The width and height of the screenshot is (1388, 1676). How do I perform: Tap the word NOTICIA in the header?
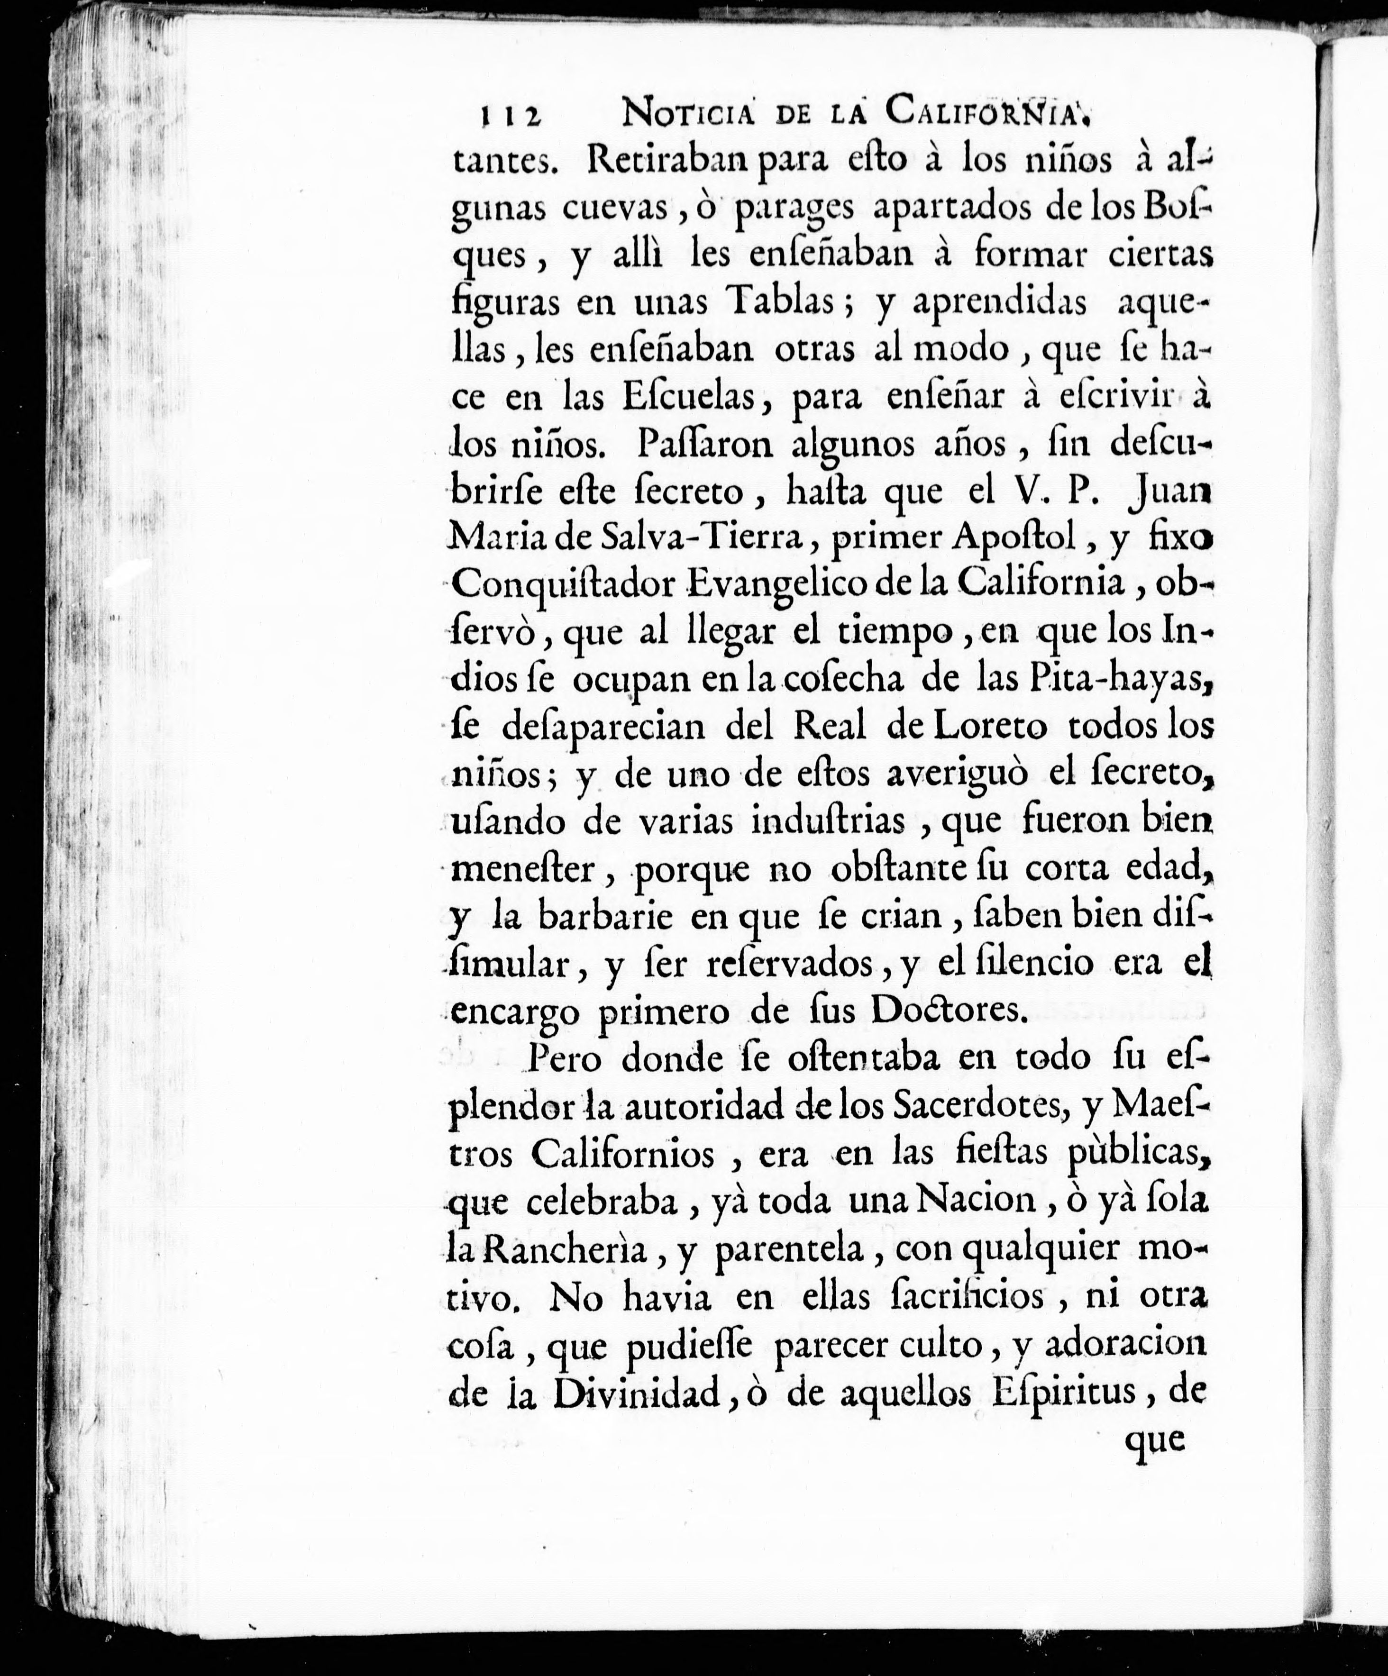pyautogui.click(x=689, y=112)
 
